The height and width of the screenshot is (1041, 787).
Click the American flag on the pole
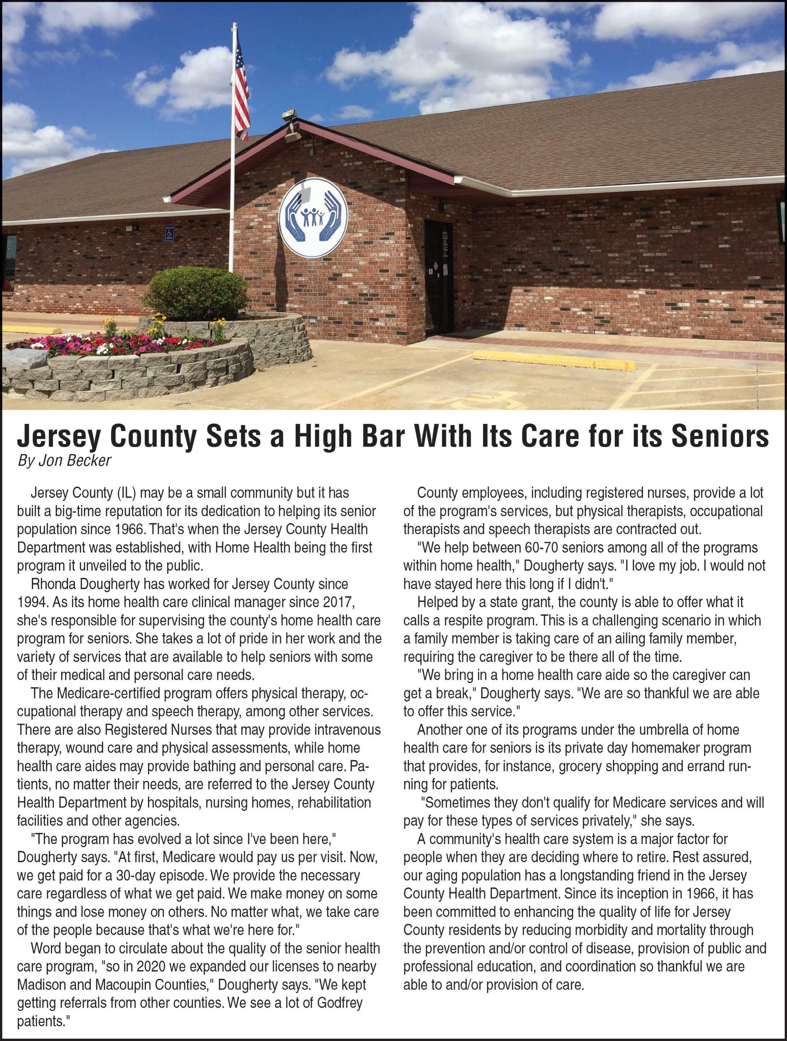click(x=241, y=89)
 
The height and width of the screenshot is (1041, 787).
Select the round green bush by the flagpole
click(x=195, y=292)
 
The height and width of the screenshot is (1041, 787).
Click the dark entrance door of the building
click(x=439, y=278)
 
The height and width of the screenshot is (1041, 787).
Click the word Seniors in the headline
click(x=720, y=436)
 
